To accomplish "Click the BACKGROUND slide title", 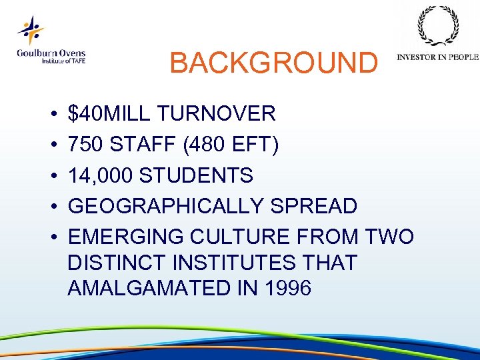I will click(273, 63).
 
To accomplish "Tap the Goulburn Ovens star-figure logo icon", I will click(30, 30).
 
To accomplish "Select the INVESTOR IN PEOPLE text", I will click(437, 57).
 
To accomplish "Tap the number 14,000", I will click(101, 175).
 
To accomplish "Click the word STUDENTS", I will click(197, 175).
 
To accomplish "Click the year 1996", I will click(287, 289).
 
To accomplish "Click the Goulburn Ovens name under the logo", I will click(51, 53).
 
